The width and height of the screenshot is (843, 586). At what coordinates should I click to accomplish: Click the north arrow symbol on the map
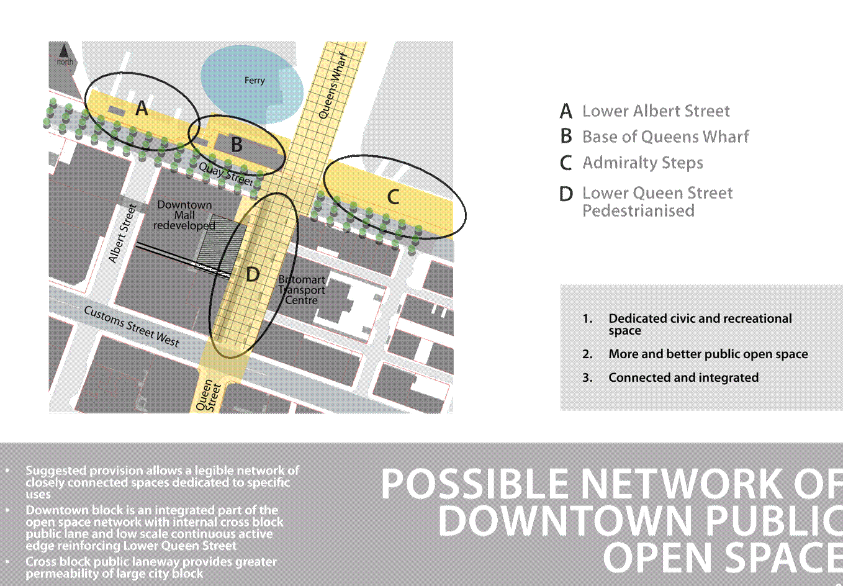click(x=64, y=51)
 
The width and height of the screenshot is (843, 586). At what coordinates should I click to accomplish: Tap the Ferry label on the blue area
click(x=255, y=81)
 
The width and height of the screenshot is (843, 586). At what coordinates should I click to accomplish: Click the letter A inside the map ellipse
click(x=142, y=108)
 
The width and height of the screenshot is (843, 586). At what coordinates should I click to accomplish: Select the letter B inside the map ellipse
click(x=237, y=145)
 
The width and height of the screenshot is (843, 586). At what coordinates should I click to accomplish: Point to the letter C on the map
click(x=393, y=197)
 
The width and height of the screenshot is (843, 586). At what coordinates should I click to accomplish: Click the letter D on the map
click(x=252, y=275)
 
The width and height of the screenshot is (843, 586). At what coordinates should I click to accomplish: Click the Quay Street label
click(x=226, y=174)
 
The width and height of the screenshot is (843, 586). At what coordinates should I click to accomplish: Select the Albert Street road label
click(x=122, y=233)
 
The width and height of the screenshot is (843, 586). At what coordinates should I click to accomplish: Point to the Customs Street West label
click(x=132, y=326)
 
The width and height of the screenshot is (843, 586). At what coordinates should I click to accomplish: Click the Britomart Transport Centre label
click(x=302, y=290)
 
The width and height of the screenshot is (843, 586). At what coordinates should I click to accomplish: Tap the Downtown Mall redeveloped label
click(x=184, y=215)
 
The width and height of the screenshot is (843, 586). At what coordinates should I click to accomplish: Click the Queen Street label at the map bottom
click(x=208, y=395)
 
